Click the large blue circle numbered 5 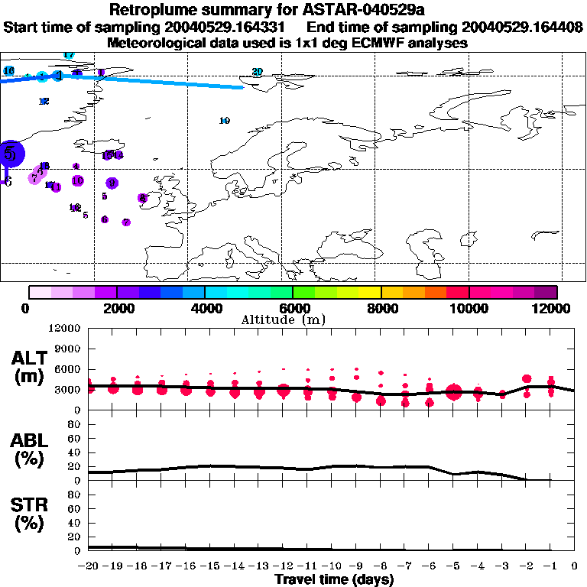(x=10, y=151)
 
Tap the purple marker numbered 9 (x=112, y=183)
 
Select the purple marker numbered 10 (x=77, y=181)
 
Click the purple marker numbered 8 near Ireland (x=143, y=198)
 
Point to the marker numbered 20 (x=258, y=72)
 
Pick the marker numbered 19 (x=225, y=121)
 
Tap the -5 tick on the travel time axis (x=454, y=567)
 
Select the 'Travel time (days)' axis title (x=334, y=579)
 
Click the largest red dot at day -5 (x=454, y=392)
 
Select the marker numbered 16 (x=9, y=71)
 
